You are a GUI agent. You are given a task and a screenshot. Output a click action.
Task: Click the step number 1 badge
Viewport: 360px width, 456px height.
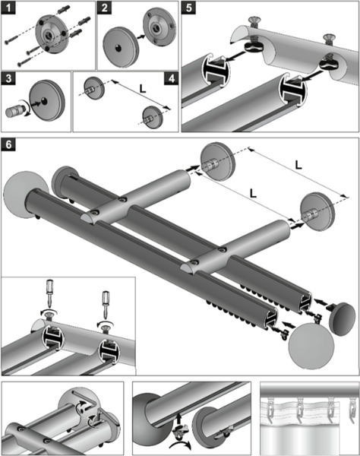(x=8, y=8)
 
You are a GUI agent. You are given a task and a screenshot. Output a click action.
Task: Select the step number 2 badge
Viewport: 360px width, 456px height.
(x=104, y=8)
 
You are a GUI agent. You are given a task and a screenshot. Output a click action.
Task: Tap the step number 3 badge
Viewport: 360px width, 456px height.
(x=8, y=78)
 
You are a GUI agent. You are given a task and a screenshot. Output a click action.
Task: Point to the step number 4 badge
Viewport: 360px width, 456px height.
(x=172, y=78)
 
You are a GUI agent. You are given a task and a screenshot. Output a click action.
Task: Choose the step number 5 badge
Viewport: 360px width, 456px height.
(x=188, y=8)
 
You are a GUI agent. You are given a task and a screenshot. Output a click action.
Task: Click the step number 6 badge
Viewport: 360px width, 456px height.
(x=8, y=144)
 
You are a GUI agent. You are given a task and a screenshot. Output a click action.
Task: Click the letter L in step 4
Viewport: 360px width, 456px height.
(x=142, y=89)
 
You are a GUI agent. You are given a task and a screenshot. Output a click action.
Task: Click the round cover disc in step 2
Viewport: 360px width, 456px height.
(x=120, y=48)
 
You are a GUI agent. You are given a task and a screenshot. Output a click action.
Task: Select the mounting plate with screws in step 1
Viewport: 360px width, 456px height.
(x=52, y=34)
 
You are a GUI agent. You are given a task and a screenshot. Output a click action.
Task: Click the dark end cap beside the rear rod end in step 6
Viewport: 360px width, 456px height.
(x=343, y=319)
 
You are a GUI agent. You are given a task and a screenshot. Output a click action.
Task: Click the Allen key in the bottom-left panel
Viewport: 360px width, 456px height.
(x=87, y=399)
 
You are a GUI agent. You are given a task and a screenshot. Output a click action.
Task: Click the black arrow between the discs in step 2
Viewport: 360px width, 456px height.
(x=141, y=37)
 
